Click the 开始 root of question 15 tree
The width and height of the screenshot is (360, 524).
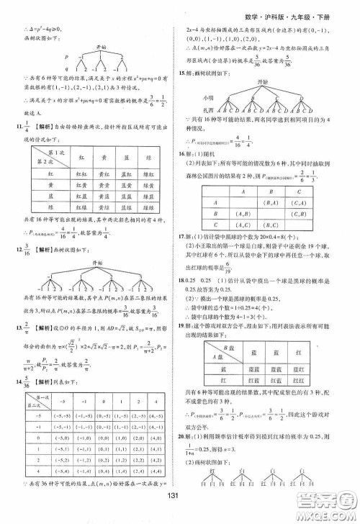point(269,85)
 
